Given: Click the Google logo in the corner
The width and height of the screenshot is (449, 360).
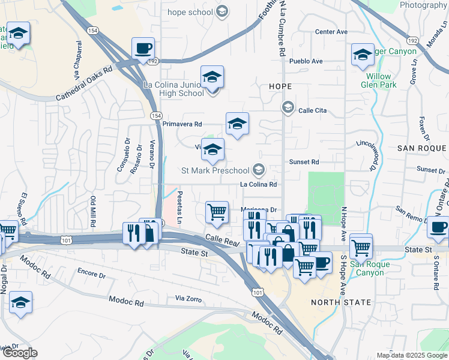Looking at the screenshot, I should click(20, 353).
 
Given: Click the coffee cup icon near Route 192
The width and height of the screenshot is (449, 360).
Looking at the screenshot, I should click(143, 48).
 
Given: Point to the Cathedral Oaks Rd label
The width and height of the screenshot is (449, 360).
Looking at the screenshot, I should click(84, 83).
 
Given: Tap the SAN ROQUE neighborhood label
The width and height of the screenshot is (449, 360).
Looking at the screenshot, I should click(422, 148).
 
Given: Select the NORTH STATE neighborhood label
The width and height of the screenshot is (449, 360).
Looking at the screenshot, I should click(342, 302).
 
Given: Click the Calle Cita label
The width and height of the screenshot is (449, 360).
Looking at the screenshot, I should click(312, 110).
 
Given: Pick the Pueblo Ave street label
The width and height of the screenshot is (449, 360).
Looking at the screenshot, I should click(306, 61).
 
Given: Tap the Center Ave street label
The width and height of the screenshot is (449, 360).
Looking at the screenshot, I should click(331, 32).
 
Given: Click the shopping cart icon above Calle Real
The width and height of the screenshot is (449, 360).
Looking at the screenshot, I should click(217, 211).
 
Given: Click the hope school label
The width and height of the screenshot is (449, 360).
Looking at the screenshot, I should click(191, 12).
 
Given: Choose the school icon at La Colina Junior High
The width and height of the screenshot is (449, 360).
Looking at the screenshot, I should click(212, 77).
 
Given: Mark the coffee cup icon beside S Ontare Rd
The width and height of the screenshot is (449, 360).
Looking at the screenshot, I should click(438, 227).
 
